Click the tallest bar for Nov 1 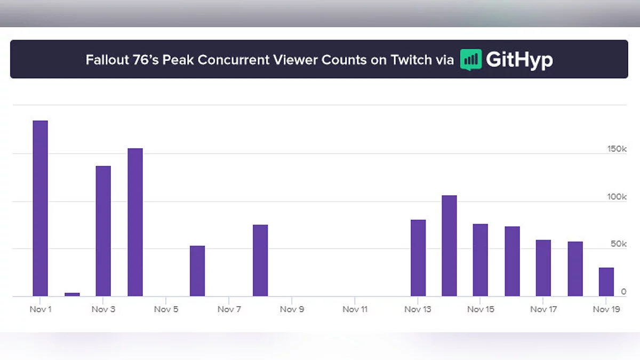click(x=41, y=208)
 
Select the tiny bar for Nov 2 click(x=72, y=294)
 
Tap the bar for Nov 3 click(x=103, y=231)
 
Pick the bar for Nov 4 click(x=135, y=222)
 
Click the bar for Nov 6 click(x=197, y=271)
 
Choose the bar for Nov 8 click(x=260, y=260)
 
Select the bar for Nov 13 click(x=418, y=258)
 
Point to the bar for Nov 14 click(x=449, y=245)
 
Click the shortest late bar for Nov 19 click(x=606, y=282)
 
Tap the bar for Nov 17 click(x=543, y=268)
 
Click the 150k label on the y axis click(x=617, y=149)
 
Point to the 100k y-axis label click(x=617, y=197)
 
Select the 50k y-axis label click(x=619, y=244)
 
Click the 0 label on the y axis click(x=623, y=292)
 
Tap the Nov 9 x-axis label click(x=292, y=309)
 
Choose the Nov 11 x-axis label click(x=355, y=309)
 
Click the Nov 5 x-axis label click(x=166, y=309)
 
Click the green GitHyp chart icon click(x=471, y=60)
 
